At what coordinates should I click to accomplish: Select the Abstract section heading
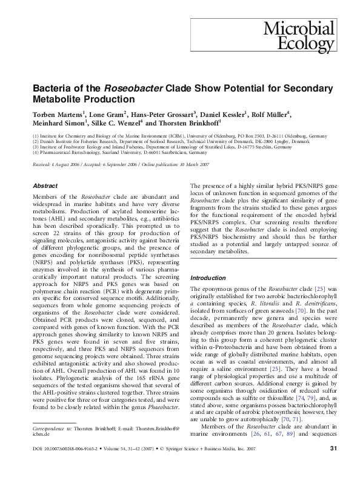point(45,186)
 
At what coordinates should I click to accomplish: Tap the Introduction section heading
point(208,278)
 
